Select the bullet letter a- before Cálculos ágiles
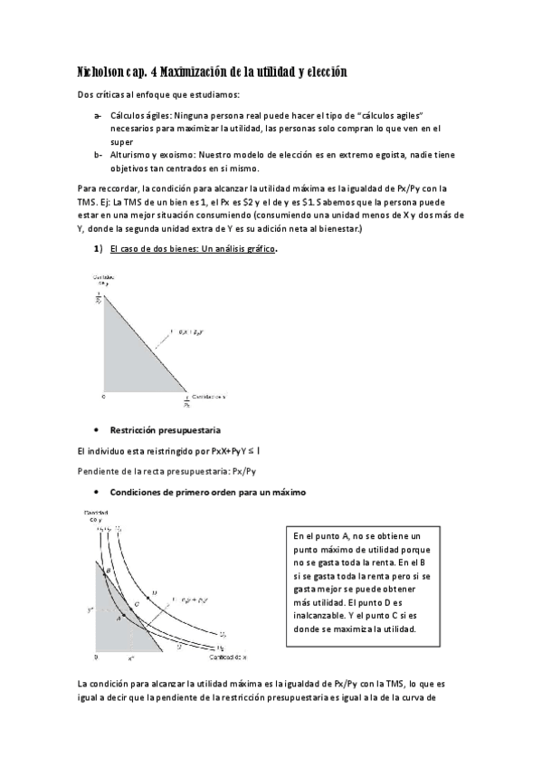(x=98, y=117)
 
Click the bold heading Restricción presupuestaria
(x=166, y=429)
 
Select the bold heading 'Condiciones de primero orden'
(x=207, y=492)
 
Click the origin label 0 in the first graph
(x=102, y=396)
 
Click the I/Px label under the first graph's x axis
(x=187, y=401)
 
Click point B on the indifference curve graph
(x=105, y=571)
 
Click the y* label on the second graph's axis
(x=90, y=610)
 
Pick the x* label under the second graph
(x=130, y=658)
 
